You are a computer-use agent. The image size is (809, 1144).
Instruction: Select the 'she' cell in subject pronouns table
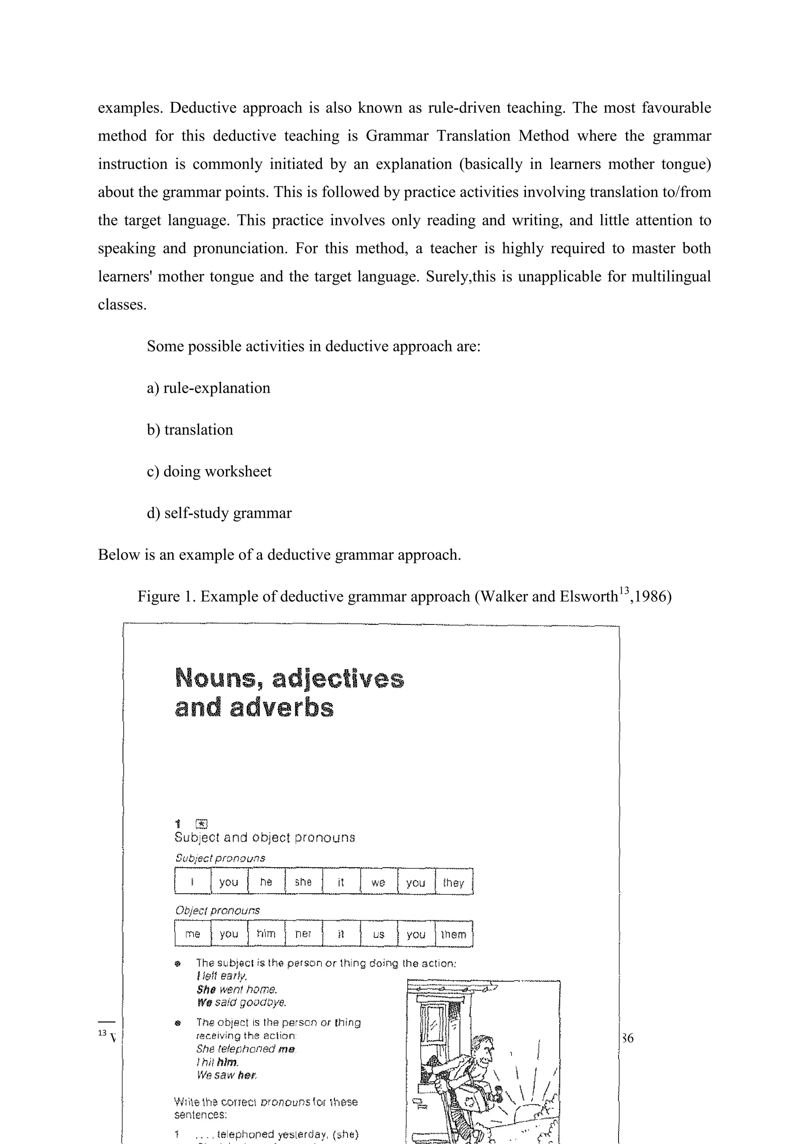tap(303, 882)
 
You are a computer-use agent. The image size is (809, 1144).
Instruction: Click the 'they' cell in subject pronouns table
tap(453, 882)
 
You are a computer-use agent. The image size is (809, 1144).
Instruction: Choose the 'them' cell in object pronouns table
tap(453, 934)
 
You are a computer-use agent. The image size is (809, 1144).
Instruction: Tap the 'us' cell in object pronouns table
tap(378, 934)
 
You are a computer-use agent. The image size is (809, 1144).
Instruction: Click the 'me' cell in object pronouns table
tap(192, 934)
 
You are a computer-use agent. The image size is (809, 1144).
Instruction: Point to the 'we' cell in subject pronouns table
tap(378, 882)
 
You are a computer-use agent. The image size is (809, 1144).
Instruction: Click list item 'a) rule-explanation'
tap(208, 388)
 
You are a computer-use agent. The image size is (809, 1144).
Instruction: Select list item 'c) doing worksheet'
tap(209, 471)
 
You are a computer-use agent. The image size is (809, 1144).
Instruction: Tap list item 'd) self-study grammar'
tap(219, 513)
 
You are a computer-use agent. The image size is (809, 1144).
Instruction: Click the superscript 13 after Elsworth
tap(624, 591)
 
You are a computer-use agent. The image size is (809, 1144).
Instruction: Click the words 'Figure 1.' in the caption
tap(167, 596)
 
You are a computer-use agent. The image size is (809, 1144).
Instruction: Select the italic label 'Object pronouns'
tap(217, 910)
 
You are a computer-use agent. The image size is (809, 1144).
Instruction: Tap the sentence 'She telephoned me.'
tap(246, 1049)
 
